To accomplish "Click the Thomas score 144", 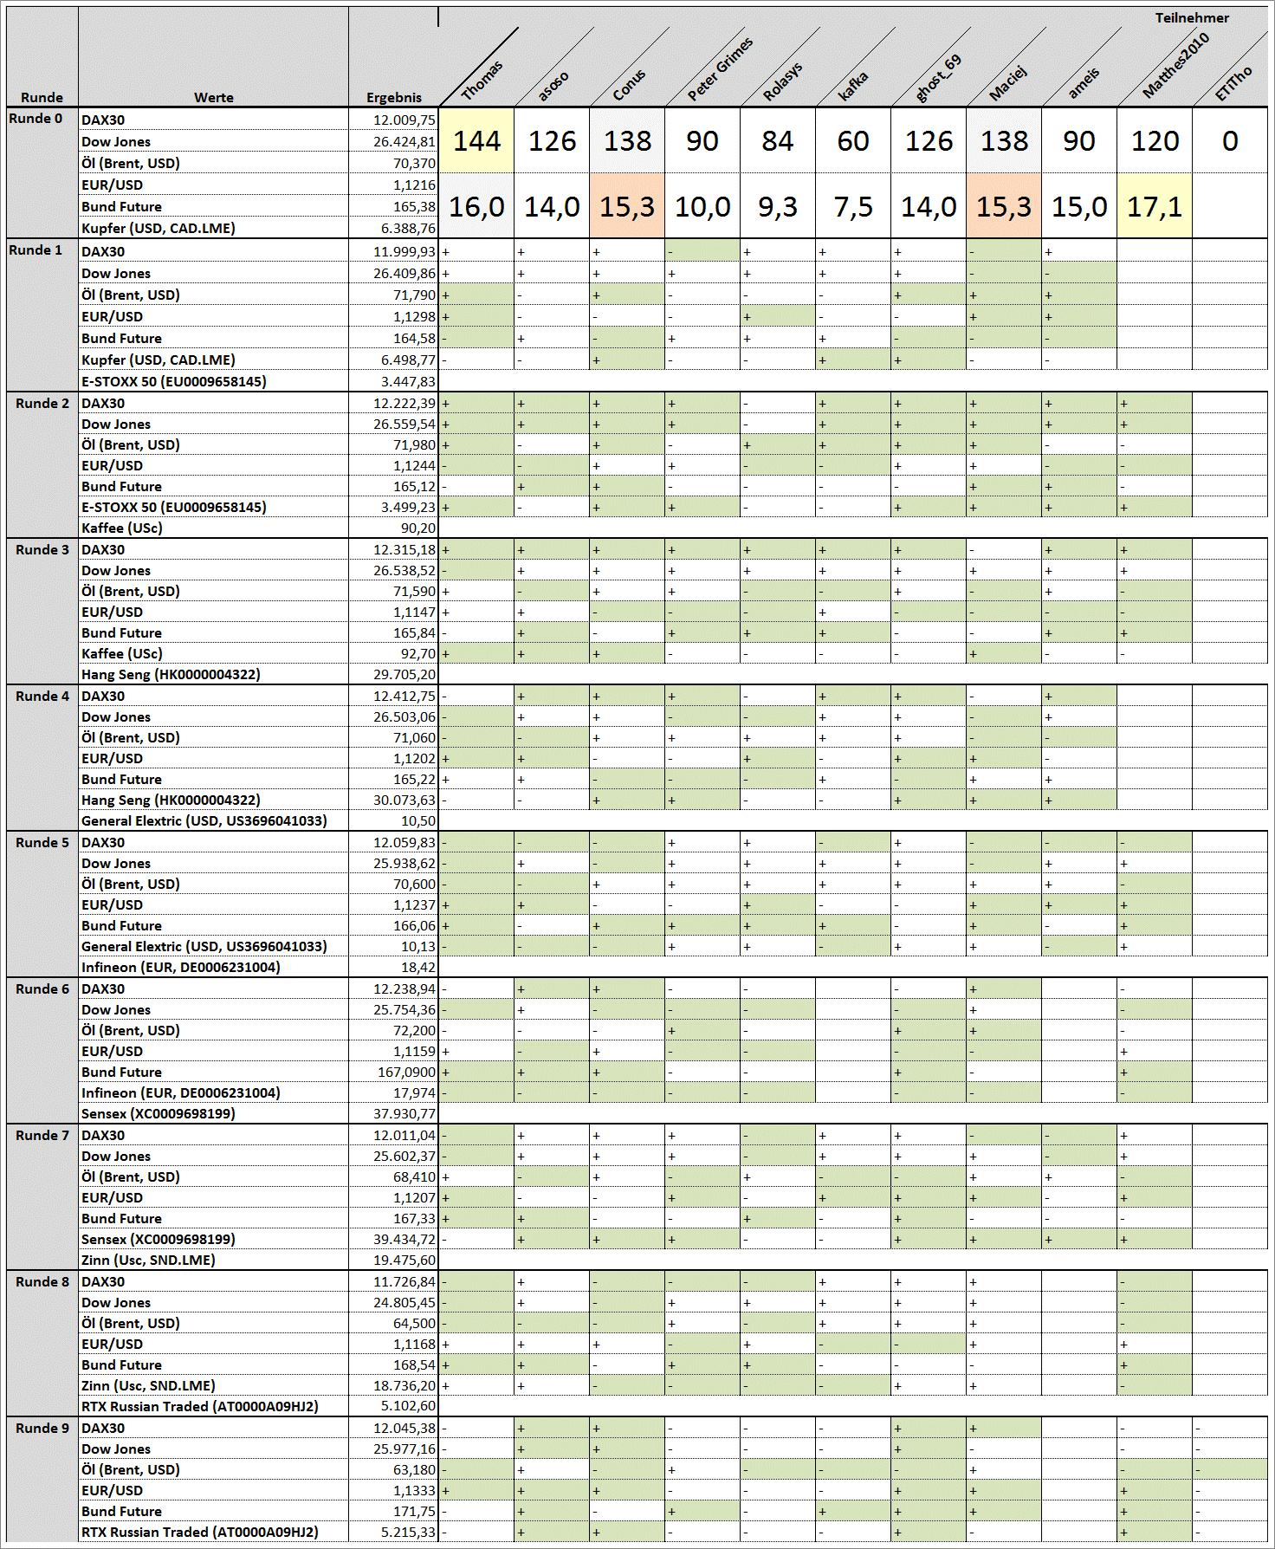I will [476, 141].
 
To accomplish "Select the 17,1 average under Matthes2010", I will [1154, 207].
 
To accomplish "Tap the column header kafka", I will [853, 85].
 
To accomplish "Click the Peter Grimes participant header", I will [720, 69].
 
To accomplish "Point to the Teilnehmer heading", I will [1191, 18].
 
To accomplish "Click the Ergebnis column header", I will [393, 98].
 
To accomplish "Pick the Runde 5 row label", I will [42, 843].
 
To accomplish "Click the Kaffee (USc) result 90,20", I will [417, 528].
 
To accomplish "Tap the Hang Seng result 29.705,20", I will [405, 675].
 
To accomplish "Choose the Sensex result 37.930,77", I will [405, 1114].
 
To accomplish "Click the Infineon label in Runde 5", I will [180, 968].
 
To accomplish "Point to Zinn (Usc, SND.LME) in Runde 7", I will [148, 1261].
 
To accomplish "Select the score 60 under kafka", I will [852, 141].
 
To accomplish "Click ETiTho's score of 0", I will [1229, 141].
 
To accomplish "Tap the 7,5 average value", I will [852, 207].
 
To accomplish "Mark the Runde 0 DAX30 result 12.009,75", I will [405, 120].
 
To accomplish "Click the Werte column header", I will [213, 98].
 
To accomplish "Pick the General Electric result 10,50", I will [417, 821].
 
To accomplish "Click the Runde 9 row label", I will [42, 1429].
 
